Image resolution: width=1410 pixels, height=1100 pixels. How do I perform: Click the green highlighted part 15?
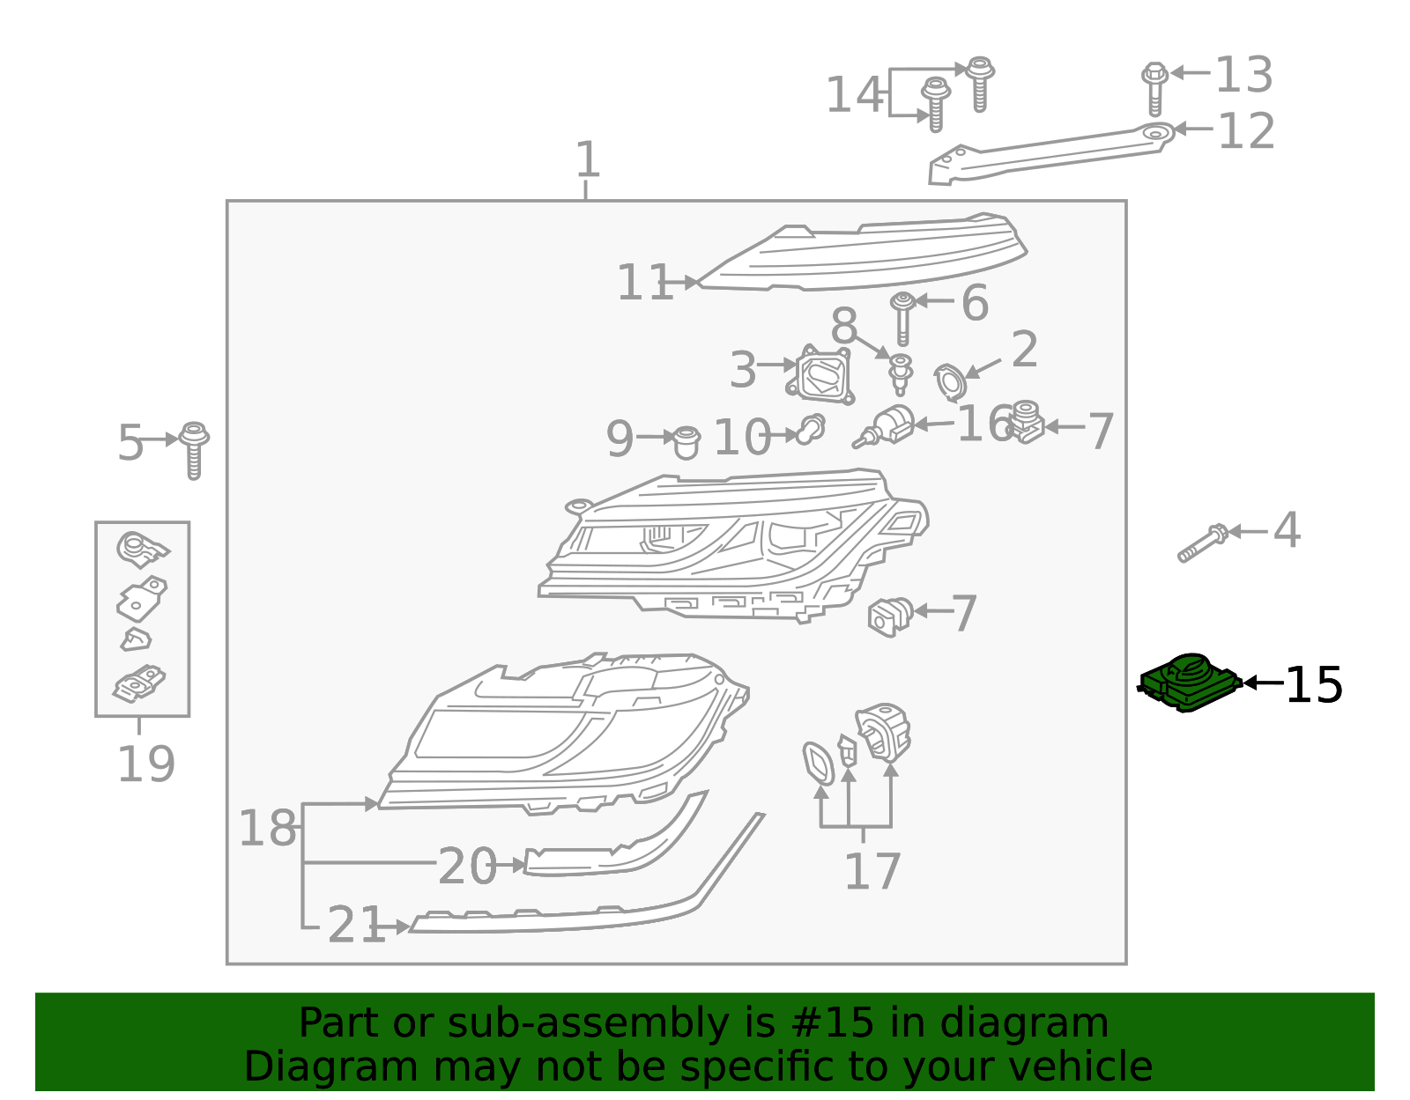tap(1190, 683)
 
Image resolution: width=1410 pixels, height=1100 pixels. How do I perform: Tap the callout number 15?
tap(1313, 685)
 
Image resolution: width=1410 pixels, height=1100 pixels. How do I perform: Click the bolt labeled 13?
tap(1154, 87)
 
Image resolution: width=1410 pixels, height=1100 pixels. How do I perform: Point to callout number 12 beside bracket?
tap(1245, 131)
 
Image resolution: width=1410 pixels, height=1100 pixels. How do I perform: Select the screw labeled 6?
tap(902, 318)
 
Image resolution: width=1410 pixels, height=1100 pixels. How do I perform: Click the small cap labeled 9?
tap(686, 442)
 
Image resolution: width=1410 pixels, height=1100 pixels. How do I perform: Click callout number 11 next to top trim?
tap(644, 284)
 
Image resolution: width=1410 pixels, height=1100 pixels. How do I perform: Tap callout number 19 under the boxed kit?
tap(145, 764)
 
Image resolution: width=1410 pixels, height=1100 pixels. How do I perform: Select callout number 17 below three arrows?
tap(872, 871)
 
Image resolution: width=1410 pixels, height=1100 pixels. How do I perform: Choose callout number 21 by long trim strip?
tap(355, 926)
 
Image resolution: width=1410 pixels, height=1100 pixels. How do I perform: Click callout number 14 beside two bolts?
tap(853, 94)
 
